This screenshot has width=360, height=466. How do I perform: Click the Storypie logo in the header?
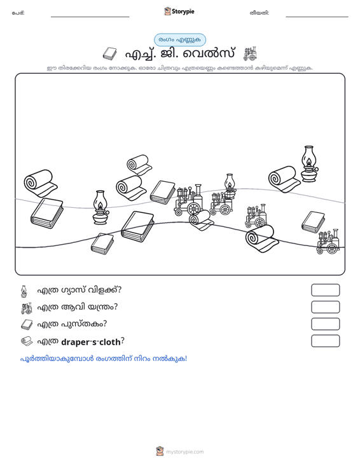point(179,11)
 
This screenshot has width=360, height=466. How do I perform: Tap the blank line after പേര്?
point(90,17)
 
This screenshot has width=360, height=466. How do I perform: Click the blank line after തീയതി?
point(317,17)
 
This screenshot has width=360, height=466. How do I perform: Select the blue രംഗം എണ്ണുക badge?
point(180,40)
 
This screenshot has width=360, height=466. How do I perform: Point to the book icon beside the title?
point(109,54)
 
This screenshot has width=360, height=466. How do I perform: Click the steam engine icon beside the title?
point(250,54)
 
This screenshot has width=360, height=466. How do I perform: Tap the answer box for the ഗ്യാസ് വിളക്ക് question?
point(325,290)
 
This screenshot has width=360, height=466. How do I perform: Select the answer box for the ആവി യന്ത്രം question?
point(325,307)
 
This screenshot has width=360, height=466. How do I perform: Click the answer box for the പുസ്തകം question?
point(325,324)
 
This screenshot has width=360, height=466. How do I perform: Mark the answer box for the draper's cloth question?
point(325,341)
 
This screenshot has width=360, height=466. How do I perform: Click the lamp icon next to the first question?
point(24,291)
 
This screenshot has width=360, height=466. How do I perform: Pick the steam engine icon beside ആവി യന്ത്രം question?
point(27,308)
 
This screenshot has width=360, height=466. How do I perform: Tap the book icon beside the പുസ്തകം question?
point(27,324)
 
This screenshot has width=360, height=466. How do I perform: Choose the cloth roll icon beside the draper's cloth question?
point(27,341)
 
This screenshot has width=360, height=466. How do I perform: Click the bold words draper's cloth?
point(91,342)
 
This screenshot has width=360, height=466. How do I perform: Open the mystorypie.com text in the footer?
point(184,452)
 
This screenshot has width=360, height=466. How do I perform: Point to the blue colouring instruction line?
point(104,359)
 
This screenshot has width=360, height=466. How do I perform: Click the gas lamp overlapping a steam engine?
point(230,186)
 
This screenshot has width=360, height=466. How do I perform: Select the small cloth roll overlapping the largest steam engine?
point(201,220)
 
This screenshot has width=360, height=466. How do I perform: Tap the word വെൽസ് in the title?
point(209,54)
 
